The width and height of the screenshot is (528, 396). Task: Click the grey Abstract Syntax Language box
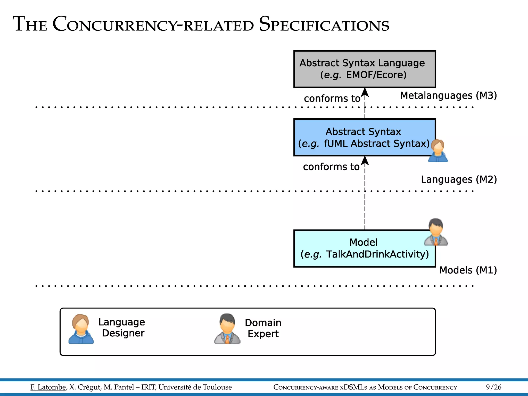(x=364, y=69)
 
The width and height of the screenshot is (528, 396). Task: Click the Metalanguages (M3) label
(x=448, y=96)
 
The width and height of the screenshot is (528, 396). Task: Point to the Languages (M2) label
(x=459, y=179)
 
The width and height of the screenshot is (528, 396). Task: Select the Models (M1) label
(x=468, y=270)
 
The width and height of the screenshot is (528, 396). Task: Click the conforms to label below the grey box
(x=332, y=98)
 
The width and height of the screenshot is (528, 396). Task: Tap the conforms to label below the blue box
(x=331, y=167)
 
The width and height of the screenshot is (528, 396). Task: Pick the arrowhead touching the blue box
(x=365, y=161)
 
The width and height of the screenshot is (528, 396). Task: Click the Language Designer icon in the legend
(x=81, y=329)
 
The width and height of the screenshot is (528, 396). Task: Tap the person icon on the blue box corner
(x=438, y=151)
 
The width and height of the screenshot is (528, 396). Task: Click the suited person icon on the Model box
(x=436, y=232)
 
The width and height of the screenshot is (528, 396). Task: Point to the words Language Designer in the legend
(x=122, y=327)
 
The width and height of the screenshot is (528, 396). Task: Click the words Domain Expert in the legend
(x=263, y=328)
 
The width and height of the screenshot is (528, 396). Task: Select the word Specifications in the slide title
(x=324, y=24)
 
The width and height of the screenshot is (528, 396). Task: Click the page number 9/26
(x=493, y=387)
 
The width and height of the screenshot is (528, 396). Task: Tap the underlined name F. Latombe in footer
(x=48, y=387)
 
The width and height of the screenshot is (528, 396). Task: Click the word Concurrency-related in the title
(x=153, y=24)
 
